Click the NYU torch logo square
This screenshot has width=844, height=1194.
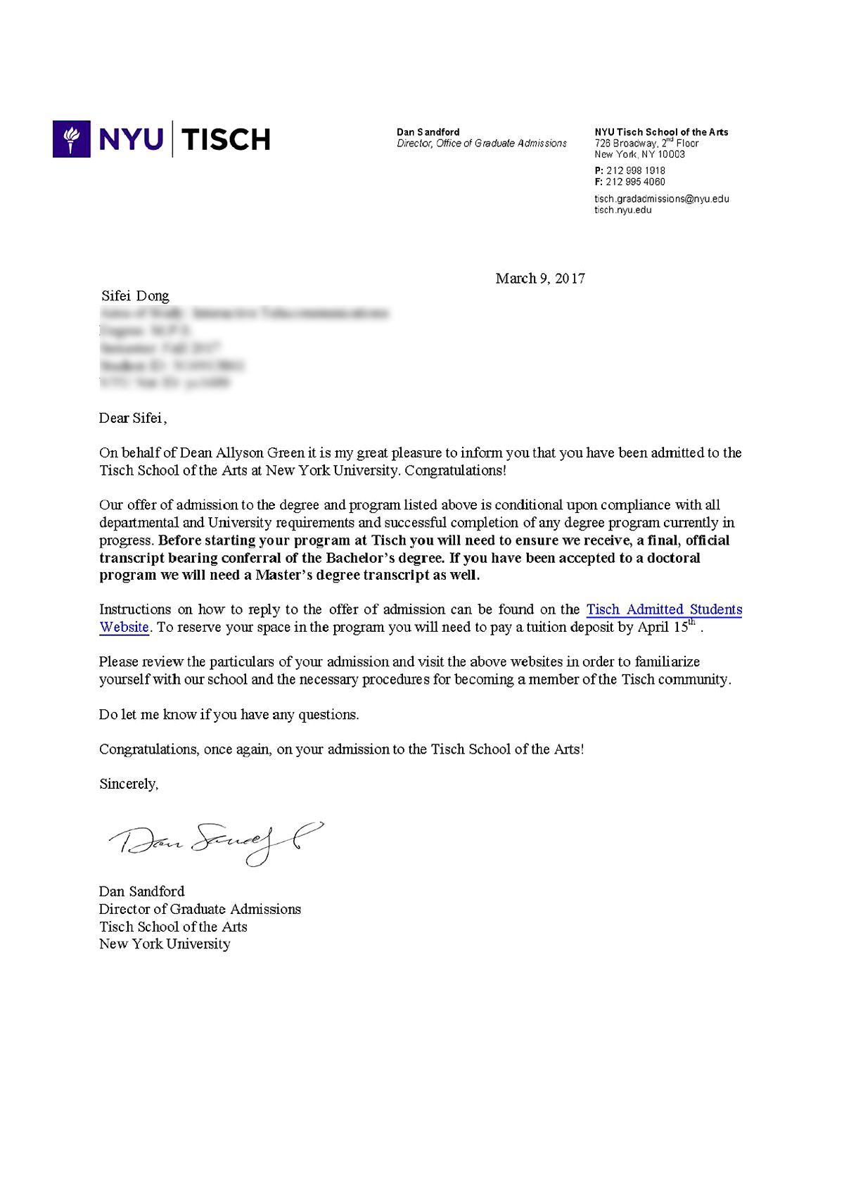click(x=71, y=139)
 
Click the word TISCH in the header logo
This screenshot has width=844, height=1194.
click(x=226, y=139)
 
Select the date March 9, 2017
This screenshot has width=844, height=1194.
click(x=539, y=279)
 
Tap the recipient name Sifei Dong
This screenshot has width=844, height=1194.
click(x=135, y=296)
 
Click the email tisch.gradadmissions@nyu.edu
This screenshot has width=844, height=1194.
click(x=661, y=198)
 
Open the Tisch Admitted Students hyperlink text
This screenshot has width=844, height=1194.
click(x=663, y=609)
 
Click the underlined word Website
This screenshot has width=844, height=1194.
click(x=124, y=627)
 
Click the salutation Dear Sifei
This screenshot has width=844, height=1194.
click(x=132, y=418)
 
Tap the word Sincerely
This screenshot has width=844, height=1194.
click(x=129, y=784)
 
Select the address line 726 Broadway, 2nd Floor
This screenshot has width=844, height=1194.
click(x=646, y=143)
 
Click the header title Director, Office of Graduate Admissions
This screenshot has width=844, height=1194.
click(x=481, y=144)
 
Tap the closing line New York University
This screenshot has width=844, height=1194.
click(x=165, y=944)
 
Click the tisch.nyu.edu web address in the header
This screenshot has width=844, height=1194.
click(x=622, y=210)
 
